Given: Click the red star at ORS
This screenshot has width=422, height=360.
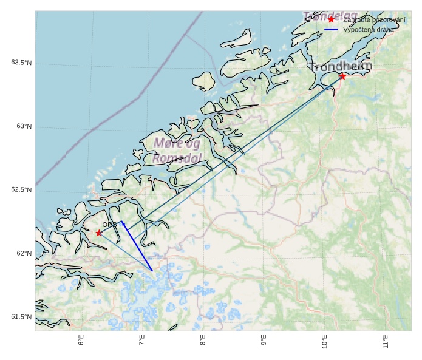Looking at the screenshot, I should click(99, 233).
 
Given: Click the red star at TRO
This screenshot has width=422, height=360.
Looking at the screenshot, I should click(342, 76).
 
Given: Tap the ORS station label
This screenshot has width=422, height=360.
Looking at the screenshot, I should click(109, 225).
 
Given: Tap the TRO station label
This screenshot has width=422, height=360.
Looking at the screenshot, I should click(352, 68).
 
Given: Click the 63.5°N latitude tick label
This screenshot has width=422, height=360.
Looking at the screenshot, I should click(21, 63).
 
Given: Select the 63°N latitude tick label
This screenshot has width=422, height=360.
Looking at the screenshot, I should click(24, 127).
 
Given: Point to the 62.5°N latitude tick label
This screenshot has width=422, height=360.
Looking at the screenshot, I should click(21, 190).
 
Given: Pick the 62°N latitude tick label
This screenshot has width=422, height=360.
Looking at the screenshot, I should click(24, 254).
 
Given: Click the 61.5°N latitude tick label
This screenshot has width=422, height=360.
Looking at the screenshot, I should click(21, 317).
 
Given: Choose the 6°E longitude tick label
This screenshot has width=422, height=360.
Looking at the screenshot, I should click(81, 341).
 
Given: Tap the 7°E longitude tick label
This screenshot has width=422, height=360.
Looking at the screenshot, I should click(142, 341).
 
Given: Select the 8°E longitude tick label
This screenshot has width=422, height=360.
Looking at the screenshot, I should click(203, 341).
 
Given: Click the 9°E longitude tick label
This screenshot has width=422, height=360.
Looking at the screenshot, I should click(264, 341).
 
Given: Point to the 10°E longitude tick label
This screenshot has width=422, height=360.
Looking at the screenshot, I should click(324, 342).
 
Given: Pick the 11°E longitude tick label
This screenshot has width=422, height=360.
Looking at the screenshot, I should click(386, 342).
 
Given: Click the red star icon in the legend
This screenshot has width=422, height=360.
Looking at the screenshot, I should click(331, 19).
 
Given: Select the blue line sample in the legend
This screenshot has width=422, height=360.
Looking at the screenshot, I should click(331, 29).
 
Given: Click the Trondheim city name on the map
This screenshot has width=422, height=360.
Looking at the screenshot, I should click(333, 67).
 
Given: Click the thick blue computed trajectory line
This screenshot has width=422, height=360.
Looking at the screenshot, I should click(137, 246).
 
